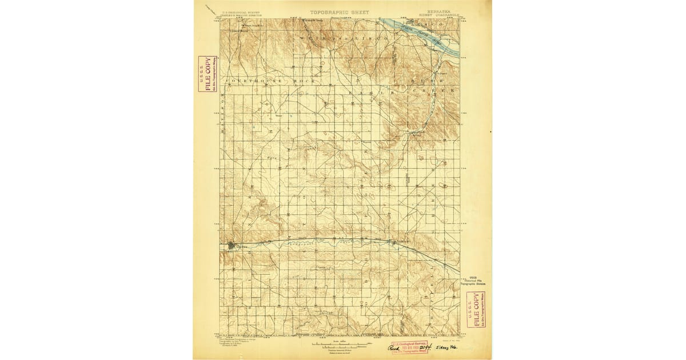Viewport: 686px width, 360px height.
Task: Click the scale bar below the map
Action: (338, 345)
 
